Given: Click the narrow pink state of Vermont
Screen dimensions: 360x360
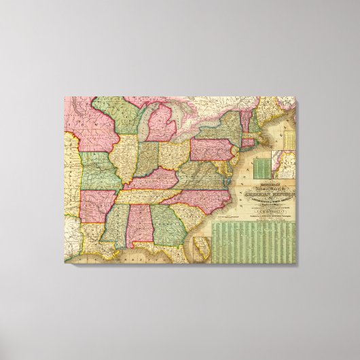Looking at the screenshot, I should tap(253, 113).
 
